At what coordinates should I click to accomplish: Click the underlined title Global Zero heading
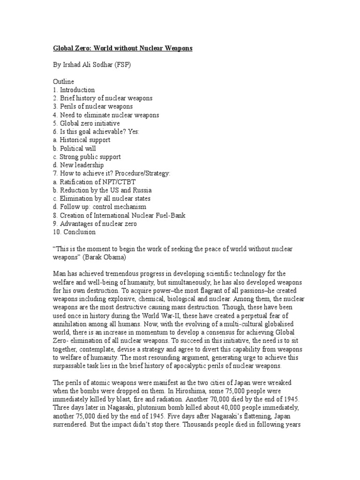[x=121, y=49]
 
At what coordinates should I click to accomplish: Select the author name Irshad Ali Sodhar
[x=89, y=65]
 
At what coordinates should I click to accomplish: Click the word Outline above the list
[x=64, y=82]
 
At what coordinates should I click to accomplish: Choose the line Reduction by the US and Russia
[x=102, y=191]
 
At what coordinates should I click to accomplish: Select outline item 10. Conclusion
[x=74, y=232]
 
